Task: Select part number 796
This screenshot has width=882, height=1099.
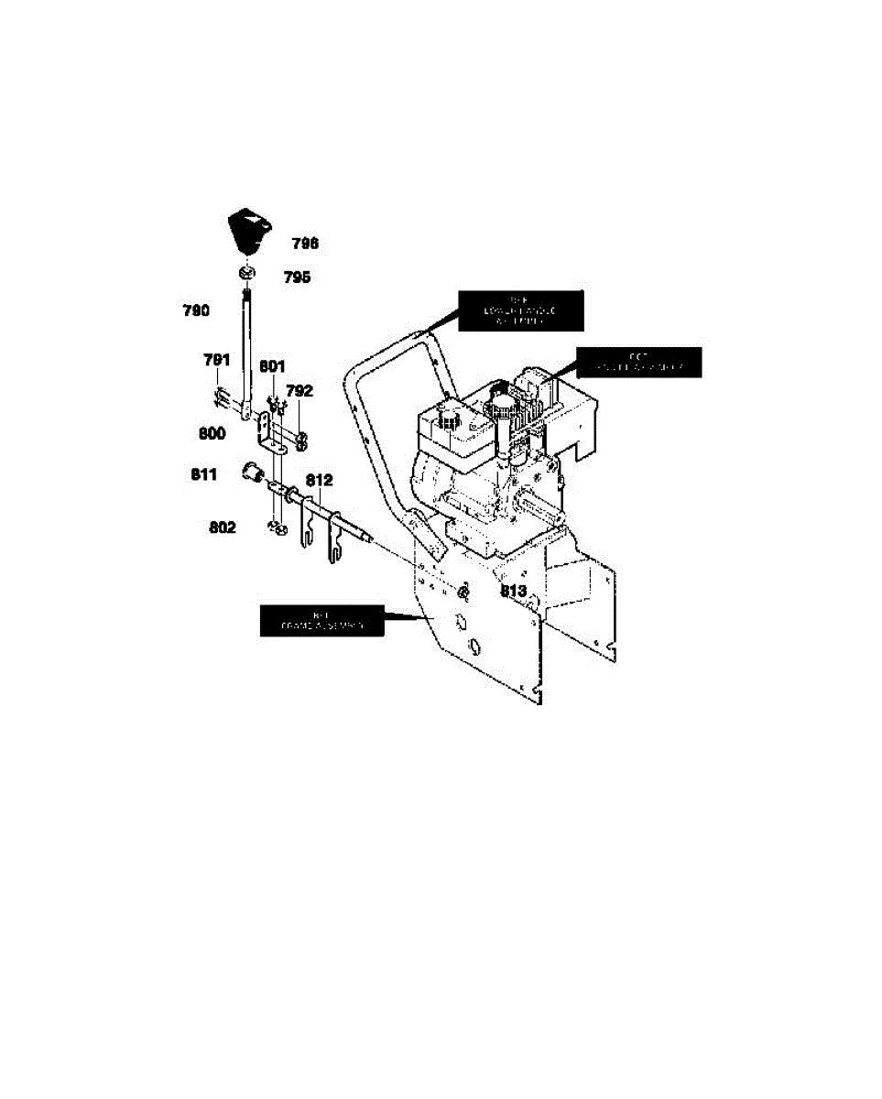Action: click(x=305, y=244)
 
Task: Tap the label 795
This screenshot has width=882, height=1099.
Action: click(x=296, y=277)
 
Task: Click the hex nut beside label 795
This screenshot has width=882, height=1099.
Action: click(x=246, y=273)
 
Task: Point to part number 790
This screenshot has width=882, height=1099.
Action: click(x=197, y=310)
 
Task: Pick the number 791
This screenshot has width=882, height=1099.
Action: click(x=217, y=360)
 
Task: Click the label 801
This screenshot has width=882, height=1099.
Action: click(x=272, y=367)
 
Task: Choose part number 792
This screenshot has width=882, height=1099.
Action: click(x=299, y=390)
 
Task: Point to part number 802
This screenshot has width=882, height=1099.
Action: click(x=223, y=528)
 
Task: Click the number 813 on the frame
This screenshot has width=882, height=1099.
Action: click(x=513, y=592)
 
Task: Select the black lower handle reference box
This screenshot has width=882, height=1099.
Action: click(x=519, y=310)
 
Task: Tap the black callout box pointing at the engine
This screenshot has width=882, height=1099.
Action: click(x=637, y=362)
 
